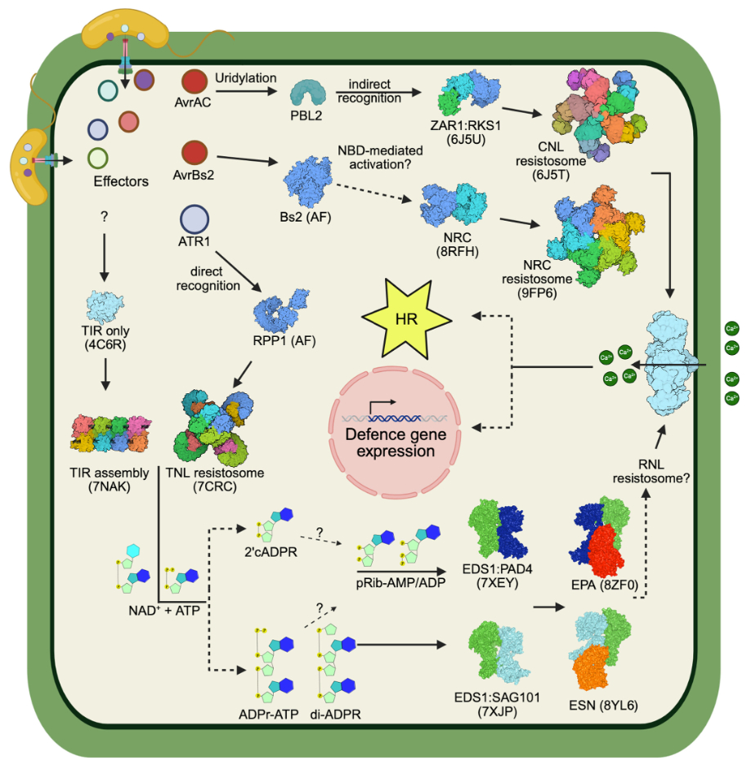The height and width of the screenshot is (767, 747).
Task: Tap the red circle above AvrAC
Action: pyautogui.click(x=195, y=82)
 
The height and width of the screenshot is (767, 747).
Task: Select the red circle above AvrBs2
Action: pyautogui.click(x=195, y=152)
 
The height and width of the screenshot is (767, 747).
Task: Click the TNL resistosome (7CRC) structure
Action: pyautogui.click(x=214, y=426)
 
